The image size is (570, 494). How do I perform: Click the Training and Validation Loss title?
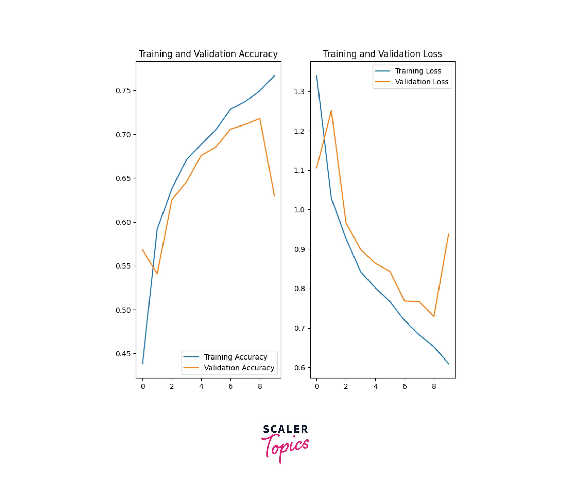[x=382, y=54]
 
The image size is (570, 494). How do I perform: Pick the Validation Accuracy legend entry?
[x=239, y=368]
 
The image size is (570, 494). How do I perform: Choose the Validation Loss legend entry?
[x=422, y=82]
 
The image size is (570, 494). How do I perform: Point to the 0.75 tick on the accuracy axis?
[x=123, y=91]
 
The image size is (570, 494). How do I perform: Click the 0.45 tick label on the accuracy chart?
[x=123, y=354]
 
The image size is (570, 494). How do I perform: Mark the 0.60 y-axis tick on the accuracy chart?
[x=123, y=222]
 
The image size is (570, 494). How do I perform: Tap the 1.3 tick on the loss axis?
[x=299, y=92]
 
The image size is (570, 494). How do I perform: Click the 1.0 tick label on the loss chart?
[x=299, y=210]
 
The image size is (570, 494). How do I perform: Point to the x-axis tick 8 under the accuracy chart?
[x=260, y=387]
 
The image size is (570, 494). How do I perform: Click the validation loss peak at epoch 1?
[x=331, y=111]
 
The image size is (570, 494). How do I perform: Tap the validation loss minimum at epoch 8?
[x=434, y=316]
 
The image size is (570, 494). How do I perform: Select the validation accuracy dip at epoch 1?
[x=157, y=274]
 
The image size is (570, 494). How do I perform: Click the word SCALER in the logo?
[x=285, y=429]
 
